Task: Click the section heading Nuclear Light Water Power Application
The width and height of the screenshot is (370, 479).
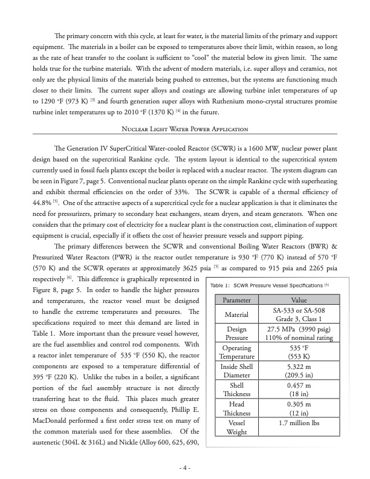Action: [185, 146]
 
